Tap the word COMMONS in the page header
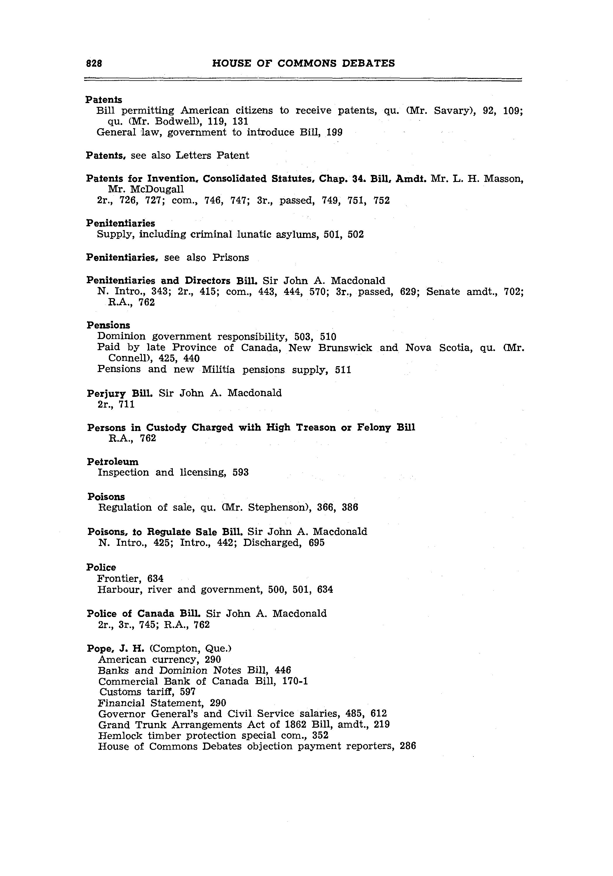pos(307,63)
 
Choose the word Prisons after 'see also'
pos(230,258)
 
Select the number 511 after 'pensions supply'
pos(343,370)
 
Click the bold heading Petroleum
pos(113,462)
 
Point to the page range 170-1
pos(295,682)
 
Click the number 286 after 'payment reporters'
pos(407,746)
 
